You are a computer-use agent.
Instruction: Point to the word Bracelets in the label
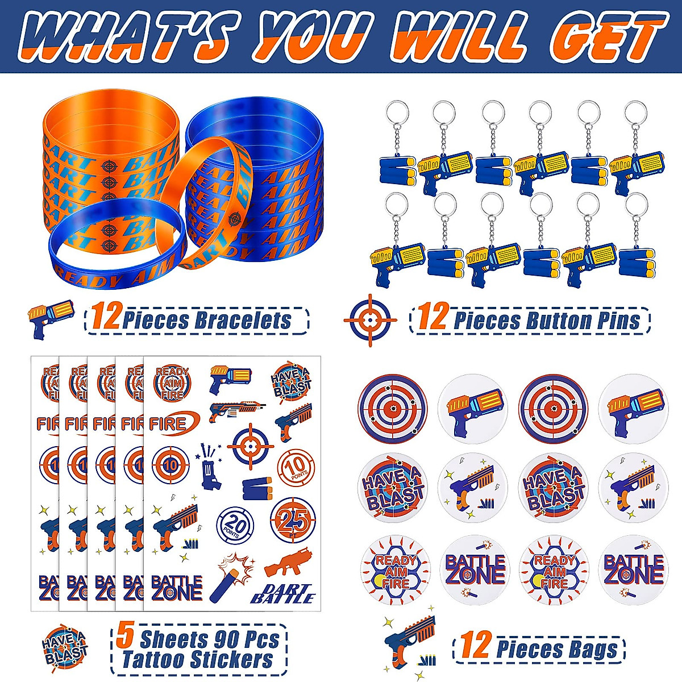243,321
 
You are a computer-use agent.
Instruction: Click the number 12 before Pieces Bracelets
105,318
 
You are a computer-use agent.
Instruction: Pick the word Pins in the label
618,321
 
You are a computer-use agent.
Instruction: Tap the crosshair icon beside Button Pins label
371,321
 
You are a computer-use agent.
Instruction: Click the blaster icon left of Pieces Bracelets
51,318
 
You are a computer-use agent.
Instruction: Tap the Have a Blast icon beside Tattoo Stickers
65,646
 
